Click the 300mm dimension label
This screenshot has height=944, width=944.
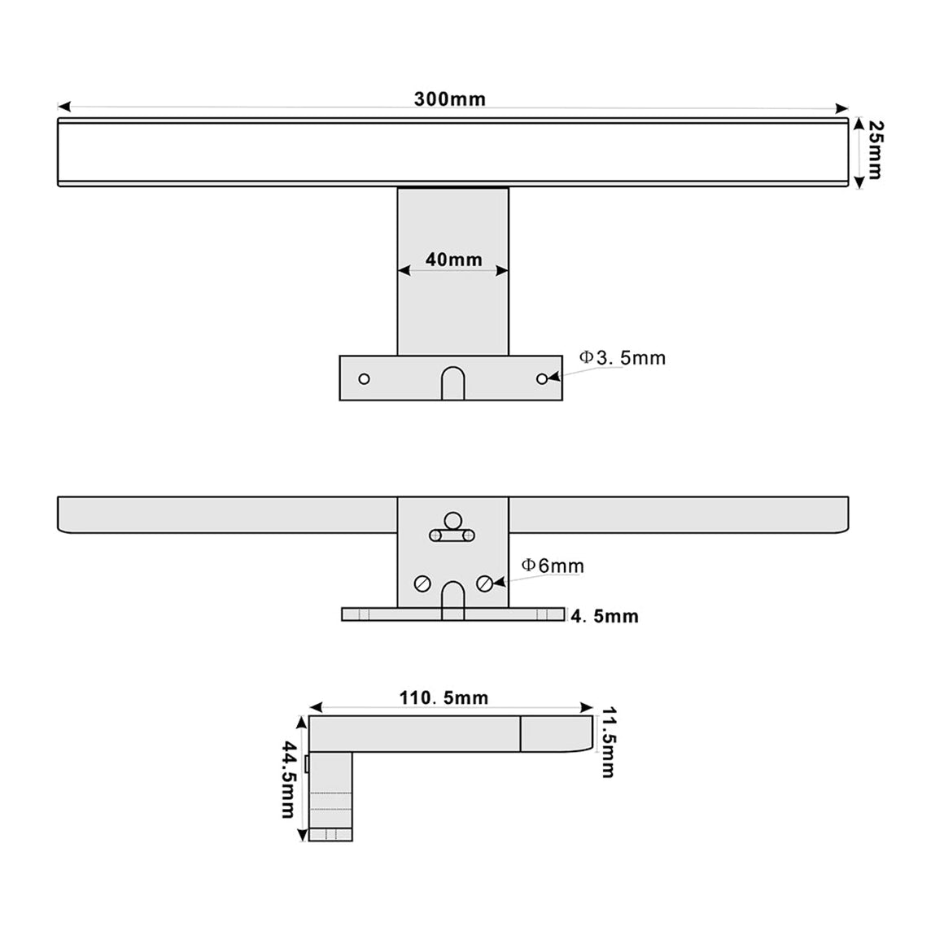(x=450, y=98)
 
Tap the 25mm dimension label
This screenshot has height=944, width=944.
(x=876, y=150)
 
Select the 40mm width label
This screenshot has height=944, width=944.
(x=454, y=260)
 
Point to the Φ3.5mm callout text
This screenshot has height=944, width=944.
(x=623, y=357)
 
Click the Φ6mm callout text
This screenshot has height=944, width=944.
(x=553, y=566)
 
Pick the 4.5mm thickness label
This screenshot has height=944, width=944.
(x=605, y=616)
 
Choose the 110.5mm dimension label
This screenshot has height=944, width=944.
(x=444, y=697)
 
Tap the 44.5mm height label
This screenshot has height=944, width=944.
(x=289, y=779)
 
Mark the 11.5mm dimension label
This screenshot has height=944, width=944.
(x=609, y=744)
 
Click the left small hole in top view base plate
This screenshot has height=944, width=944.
(x=365, y=378)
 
